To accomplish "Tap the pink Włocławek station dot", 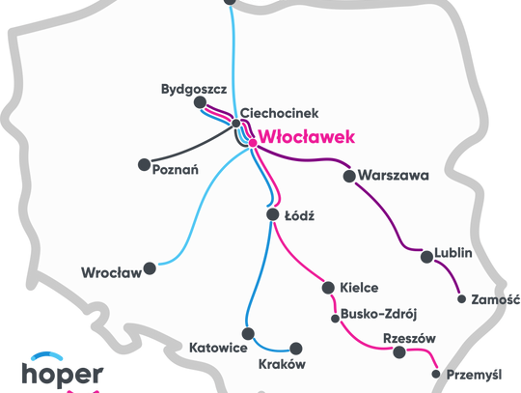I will (x=253, y=143).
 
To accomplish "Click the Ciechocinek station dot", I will (x=234, y=122).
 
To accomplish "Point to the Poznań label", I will (x=176, y=170).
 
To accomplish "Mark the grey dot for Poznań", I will (x=145, y=164).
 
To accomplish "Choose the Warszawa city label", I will (x=393, y=177).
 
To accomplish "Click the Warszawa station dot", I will (x=349, y=176).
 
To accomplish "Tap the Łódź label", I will (x=300, y=216).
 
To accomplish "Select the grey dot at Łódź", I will (x=272, y=215).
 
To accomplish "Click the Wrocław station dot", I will (x=150, y=268).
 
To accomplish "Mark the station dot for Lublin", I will (x=426, y=256).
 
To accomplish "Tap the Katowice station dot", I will (x=248, y=334).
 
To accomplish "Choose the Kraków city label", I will (x=282, y=365).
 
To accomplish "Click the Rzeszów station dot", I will (x=399, y=352).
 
